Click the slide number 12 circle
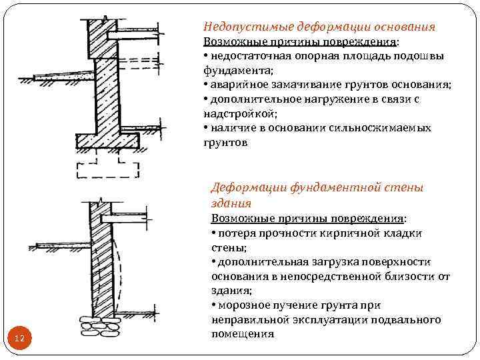pos(19,339)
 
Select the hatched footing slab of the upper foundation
pos(107,141)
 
